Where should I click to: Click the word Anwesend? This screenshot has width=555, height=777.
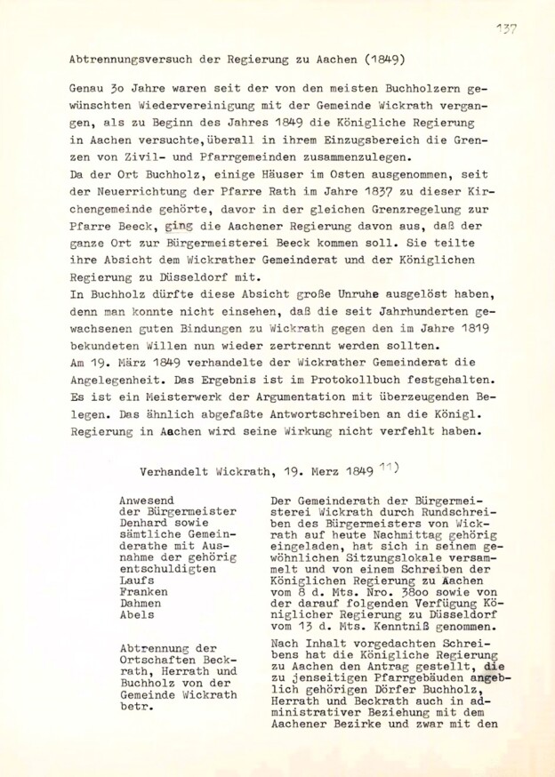[x=146, y=500]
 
